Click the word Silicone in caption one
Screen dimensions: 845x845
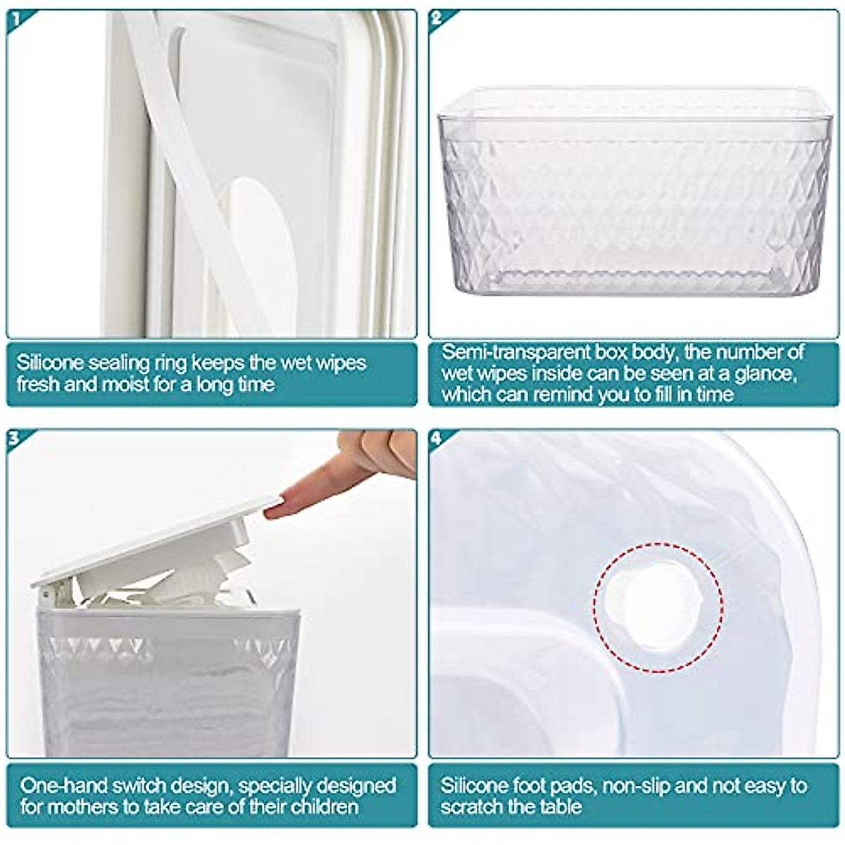tap(50, 363)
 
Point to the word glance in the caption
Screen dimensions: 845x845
tap(761, 373)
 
